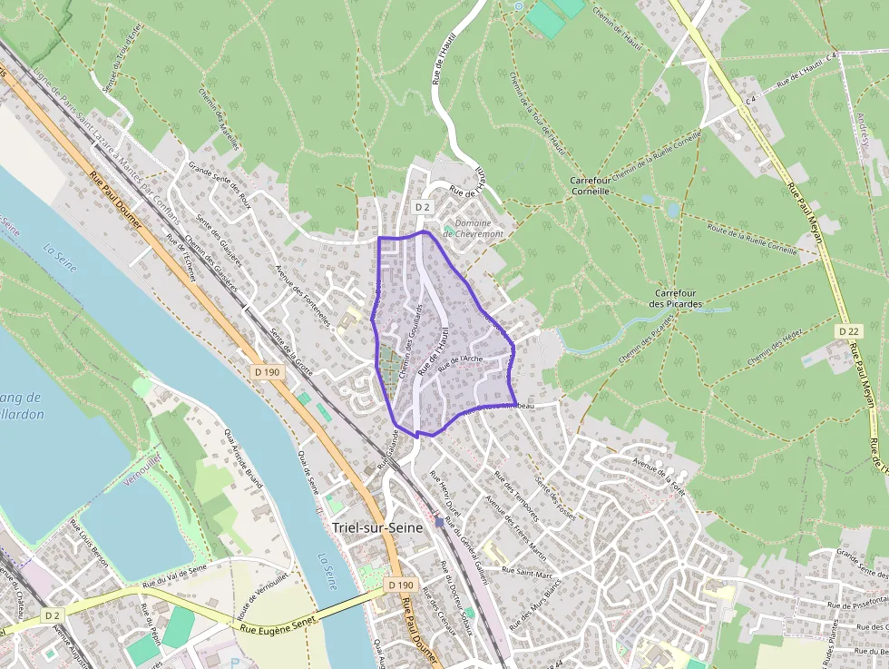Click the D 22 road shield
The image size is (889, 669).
coord(848,331)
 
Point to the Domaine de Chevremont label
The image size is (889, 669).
coord(473,229)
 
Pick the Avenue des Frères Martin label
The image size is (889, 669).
coord(515,527)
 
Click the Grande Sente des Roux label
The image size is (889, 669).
coord(219,181)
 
